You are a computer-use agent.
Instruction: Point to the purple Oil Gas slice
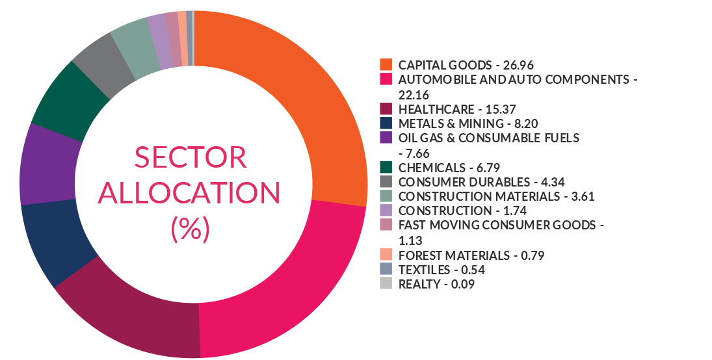pos(49,166)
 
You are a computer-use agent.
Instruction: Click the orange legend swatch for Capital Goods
pos(386,65)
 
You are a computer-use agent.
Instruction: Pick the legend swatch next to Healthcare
pos(386,108)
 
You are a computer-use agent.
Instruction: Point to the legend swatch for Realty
pos(386,283)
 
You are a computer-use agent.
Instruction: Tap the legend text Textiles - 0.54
pos(442,269)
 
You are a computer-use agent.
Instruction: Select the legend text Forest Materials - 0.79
pos(471,254)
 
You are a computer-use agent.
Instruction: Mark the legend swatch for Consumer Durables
pos(386,181)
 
